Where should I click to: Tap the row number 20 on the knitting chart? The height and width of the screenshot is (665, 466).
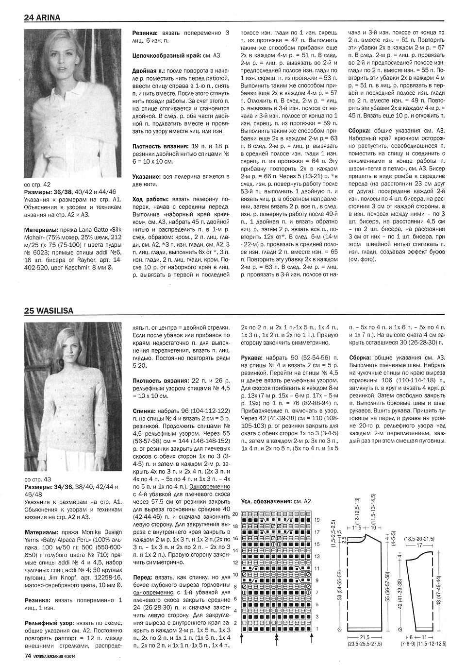click(x=235, y=513)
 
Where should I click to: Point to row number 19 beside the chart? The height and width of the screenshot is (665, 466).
click(x=317, y=519)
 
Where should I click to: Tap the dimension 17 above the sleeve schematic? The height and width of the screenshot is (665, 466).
click(x=418, y=546)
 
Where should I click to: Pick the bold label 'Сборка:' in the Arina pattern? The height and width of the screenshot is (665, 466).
click(x=361, y=131)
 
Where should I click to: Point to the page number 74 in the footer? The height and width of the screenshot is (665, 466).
click(x=28, y=656)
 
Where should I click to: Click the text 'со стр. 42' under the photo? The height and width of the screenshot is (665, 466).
click(x=37, y=184)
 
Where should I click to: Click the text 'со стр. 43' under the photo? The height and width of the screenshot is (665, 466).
click(x=37, y=479)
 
